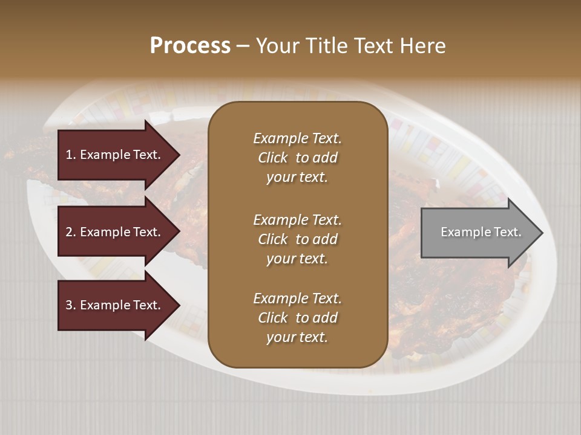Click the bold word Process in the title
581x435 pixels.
pyautogui.click(x=190, y=46)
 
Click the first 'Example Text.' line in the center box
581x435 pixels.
pyautogui.click(x=297, y=138)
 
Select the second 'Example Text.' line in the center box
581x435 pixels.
pyautogui.click(x=297, y=220)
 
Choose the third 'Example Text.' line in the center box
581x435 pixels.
pyautogui.click(x=297, y=298)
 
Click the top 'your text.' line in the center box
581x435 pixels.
pyautogui.click(x=297, y=178)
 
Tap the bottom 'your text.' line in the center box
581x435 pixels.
pyautogui.click(x=297, y=338)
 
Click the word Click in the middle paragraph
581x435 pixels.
pyautogui.click(x=272, y=239)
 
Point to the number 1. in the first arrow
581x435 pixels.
pyautogui.click(x=71, y=155)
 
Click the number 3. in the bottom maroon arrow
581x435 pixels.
pyautogui.click(x=71, y=305)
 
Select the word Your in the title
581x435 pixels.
pyautogui.click(x=277, y=46)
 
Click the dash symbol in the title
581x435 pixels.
pyautogui.click(x=243, y=46)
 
